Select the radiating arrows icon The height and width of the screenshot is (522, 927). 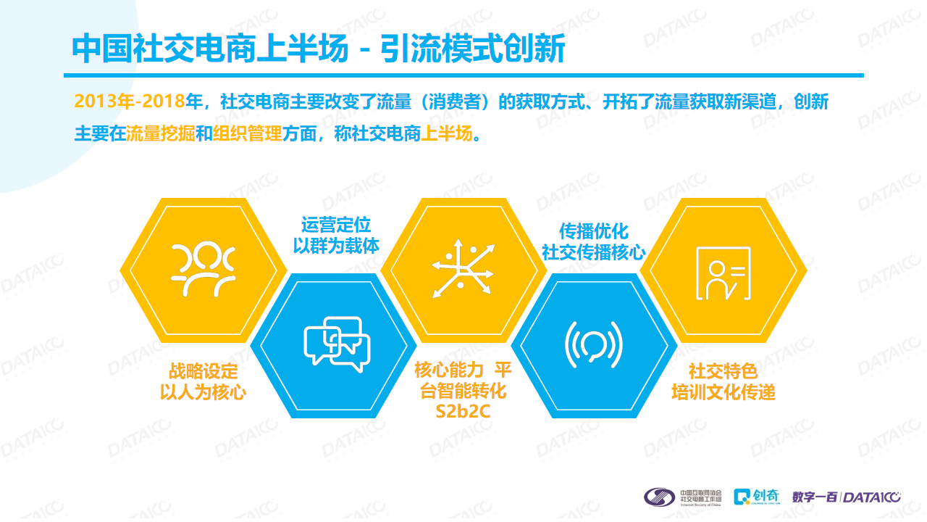463,268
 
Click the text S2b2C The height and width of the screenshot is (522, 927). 463,412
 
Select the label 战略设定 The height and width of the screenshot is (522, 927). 203,371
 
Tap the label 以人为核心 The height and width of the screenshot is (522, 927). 203,392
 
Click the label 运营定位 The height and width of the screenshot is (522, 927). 335,225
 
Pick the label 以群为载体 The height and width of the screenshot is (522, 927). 335,246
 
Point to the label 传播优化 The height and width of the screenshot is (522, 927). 593,231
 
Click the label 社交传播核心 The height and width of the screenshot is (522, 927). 593,252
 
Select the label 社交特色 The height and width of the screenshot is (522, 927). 723,371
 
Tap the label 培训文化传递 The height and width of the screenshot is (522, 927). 723,392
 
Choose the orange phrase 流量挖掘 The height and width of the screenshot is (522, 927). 161,133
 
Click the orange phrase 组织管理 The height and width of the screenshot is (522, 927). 248,133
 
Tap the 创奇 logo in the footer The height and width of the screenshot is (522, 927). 757,497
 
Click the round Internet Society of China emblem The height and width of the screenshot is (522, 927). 659,497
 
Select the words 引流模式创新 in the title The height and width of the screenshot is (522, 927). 473,49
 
